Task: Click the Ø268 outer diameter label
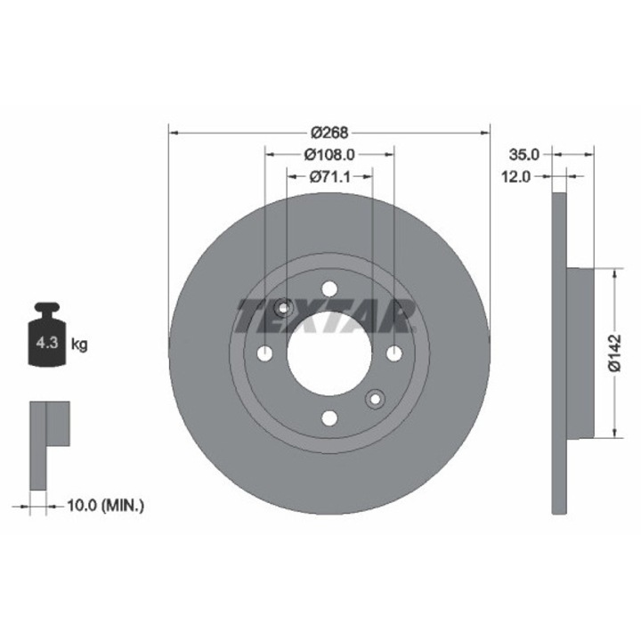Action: (x=329, y=132)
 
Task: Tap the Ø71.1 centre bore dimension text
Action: (x=329, y=177)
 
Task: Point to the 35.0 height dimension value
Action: (x=520, y=153)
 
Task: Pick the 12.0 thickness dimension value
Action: (x=515, y=176)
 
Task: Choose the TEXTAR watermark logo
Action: (x=326, y=315)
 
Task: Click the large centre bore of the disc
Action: (x=329, y=353)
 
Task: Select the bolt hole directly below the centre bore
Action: (x=329, y=418)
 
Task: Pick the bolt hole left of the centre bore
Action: (x=264, y=353)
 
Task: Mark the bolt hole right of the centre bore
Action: (x=394, y=353)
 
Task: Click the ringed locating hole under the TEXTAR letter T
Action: (x=283, y=308)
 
